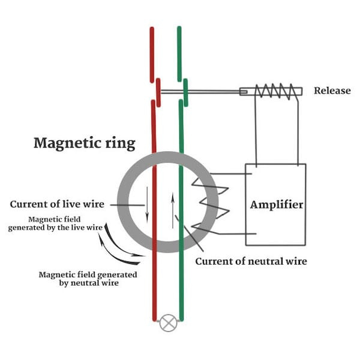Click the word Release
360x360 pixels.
[x=331, y=91]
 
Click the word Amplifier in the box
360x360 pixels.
[x=276, y=205]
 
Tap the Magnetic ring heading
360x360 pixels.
[x=84, y=143]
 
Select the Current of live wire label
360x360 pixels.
[x=57, y=205]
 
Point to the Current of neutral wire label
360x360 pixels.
[x=251, y=262]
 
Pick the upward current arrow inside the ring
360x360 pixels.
[x=173, y=211]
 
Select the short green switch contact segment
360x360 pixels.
[x=185, y=92]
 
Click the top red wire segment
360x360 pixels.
[x=152, y=54]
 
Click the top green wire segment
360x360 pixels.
[x=179, y=54]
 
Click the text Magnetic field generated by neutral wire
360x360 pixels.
[x=88, y=278]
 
